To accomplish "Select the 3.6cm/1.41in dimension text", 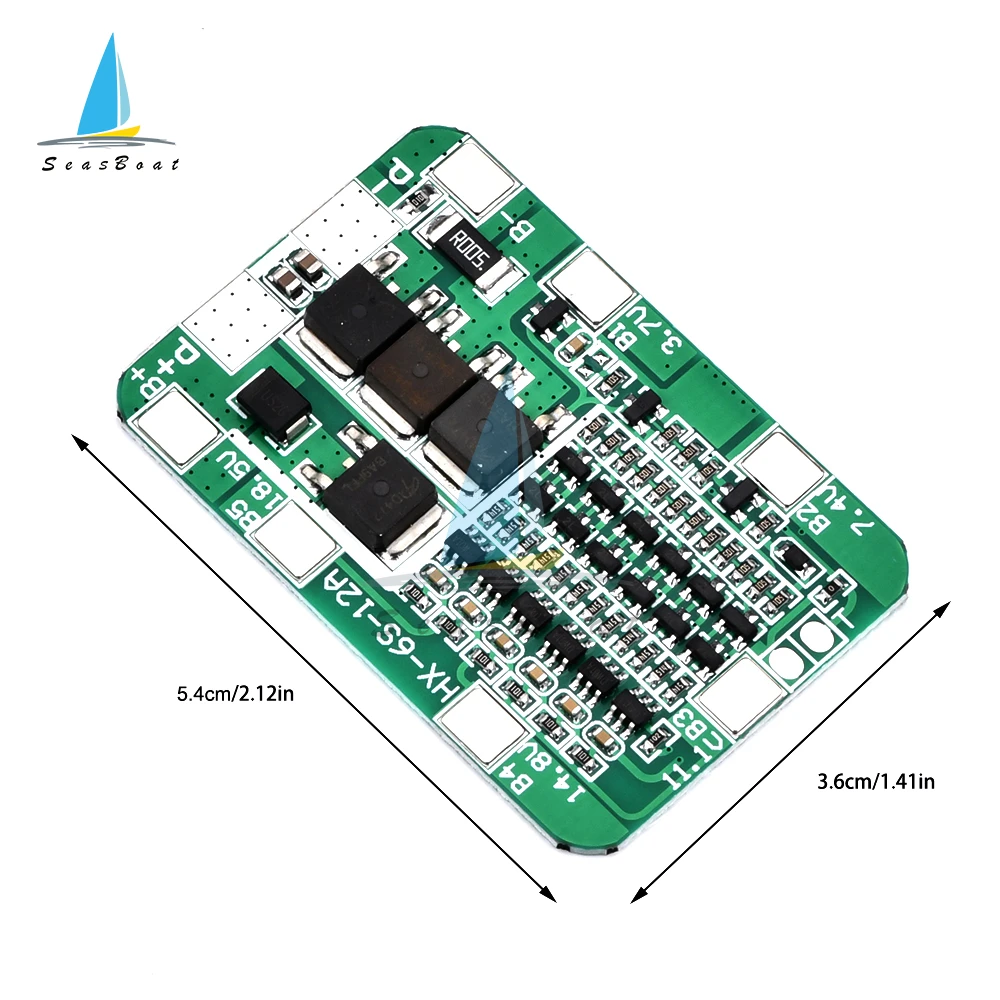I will point(875,782).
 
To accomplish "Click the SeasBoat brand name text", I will point(110,164).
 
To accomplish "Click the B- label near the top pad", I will point(532,220).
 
